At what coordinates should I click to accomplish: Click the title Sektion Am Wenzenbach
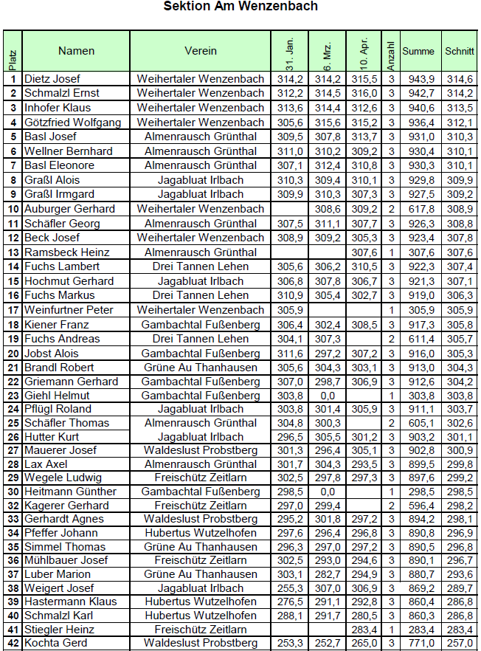(x=240, y=7)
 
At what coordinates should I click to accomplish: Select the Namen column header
(x=77, y=51)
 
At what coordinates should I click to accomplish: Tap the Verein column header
(x=201, y=51)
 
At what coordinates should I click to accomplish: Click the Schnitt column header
(x=460, y=52)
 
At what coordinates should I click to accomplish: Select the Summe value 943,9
(x=421, y=79)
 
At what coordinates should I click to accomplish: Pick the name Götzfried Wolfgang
(x=72, y=123)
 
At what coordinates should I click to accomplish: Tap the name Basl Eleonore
(x=59, y=165)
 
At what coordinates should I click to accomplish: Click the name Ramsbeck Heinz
(x=63, y=252)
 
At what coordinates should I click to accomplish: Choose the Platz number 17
(x=13, y=310)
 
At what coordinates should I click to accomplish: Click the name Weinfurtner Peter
(x=69, y=310)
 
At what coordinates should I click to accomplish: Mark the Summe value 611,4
(x=421, y=339)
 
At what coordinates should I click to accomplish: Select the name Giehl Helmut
(x=56, y=396)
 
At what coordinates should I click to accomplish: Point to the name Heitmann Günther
(x=70, y=492)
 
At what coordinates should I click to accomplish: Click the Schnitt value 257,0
(x=460, y=644)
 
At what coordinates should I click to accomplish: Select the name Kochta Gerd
(x=55, y=644)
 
